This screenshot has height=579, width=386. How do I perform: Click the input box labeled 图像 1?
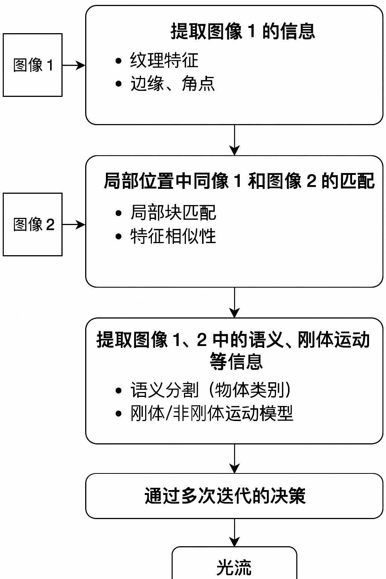click(x=33, y=65)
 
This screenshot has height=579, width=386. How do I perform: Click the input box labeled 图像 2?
click(x=33, y=225)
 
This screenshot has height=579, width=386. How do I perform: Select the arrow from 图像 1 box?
click(x=74, y=65)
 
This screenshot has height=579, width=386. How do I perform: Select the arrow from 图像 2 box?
click(x=74, y=225)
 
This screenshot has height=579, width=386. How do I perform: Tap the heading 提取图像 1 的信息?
click(x=243, y=31)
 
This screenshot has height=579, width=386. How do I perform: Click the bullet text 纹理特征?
click(x=164, y=61)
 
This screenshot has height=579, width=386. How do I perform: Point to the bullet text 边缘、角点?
click(x=173, y=84)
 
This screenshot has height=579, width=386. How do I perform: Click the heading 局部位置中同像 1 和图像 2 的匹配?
click(x=239, y=181)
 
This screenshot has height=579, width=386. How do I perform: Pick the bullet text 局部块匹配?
click(x=173, y=213)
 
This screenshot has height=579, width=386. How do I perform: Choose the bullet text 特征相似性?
click(x=173, y=236)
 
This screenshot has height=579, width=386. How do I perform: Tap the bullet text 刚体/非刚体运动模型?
click(x=211, y=414)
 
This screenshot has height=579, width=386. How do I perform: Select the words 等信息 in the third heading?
click(x=236, y=361)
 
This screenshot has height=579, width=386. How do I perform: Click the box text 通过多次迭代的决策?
click(x=225, y=496)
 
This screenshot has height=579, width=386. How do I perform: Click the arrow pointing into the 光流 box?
click(x=234, y=533)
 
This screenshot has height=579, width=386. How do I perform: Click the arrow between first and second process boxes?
click(x=234, y=140)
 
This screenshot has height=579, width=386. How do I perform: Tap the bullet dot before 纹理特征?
click(x=119, y=61)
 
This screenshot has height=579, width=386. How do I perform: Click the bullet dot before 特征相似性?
click(x=119, y=237)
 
